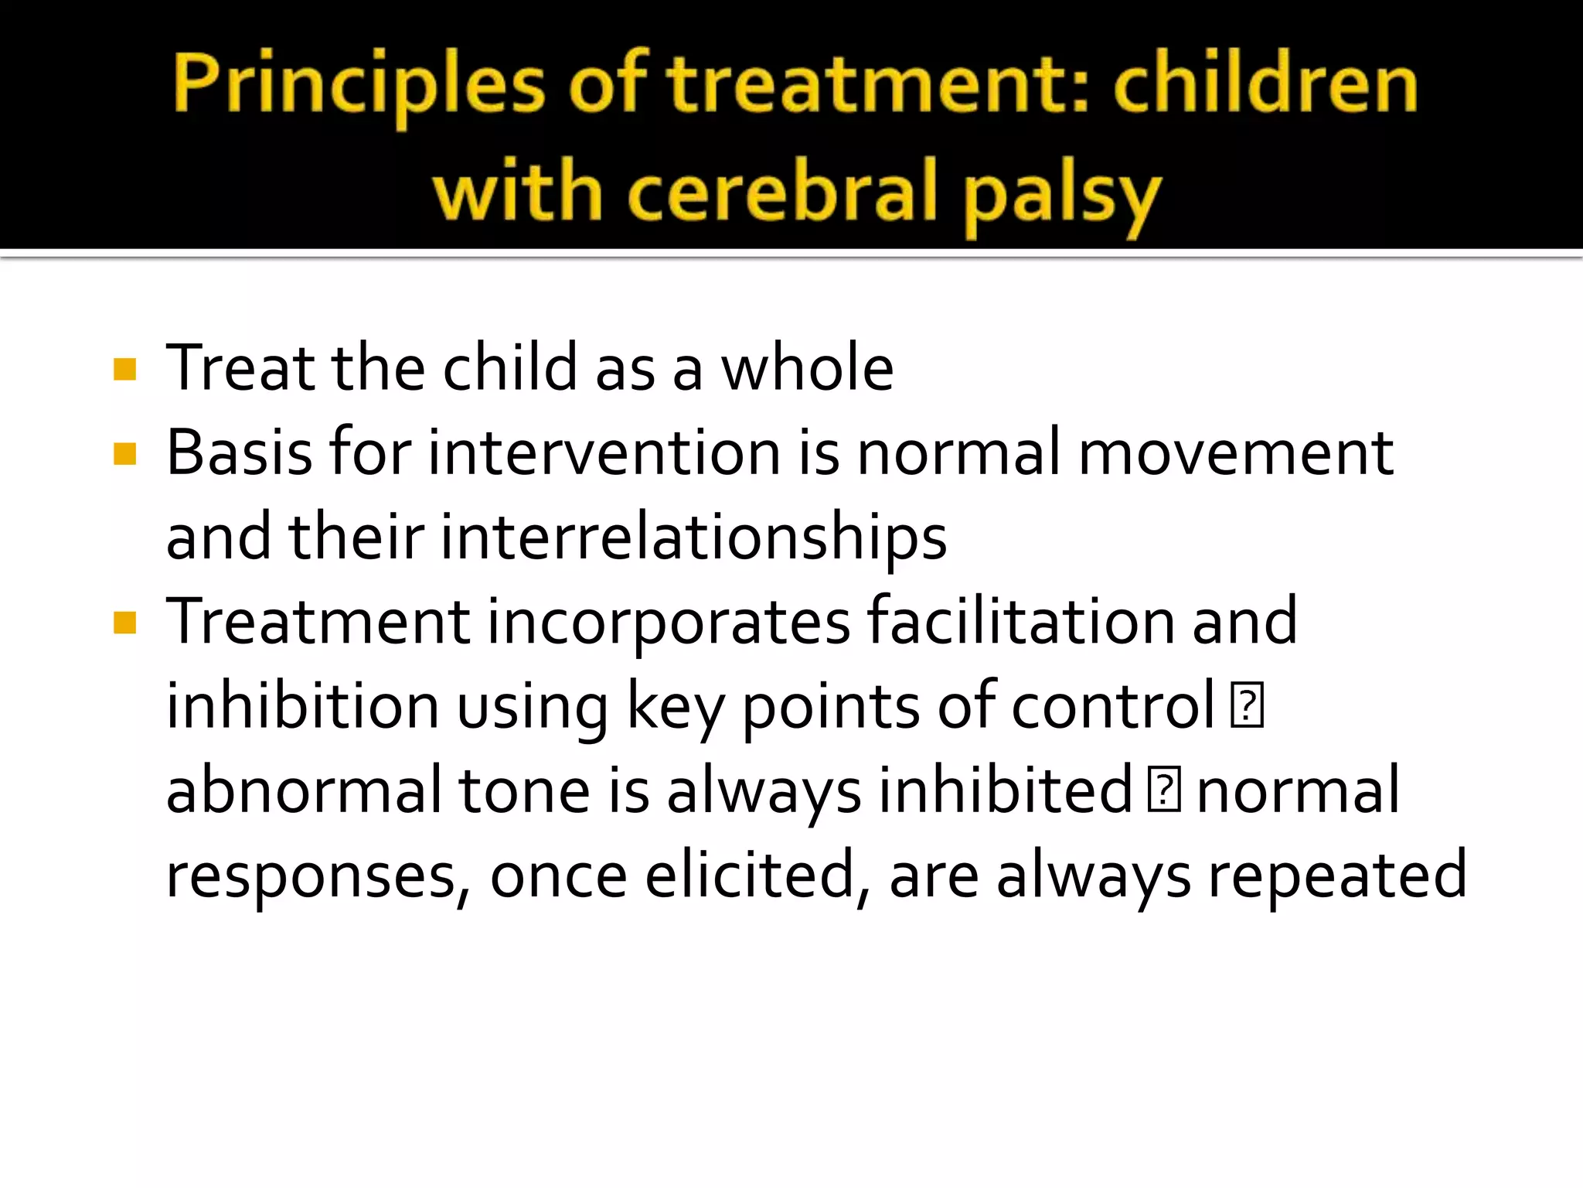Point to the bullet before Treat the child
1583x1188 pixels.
tap(124, 370)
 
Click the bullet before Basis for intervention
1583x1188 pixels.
tap(124, 454)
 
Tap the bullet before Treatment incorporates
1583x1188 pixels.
tap(124, 623)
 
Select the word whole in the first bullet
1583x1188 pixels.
tap(807, 368)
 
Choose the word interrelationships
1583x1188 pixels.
tap(693, 537)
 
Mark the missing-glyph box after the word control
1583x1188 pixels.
tap(1247, 705)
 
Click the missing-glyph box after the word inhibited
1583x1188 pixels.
tap(1163, 790)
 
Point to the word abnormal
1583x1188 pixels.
tap(304, 790)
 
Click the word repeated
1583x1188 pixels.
tap(1337, 875)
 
